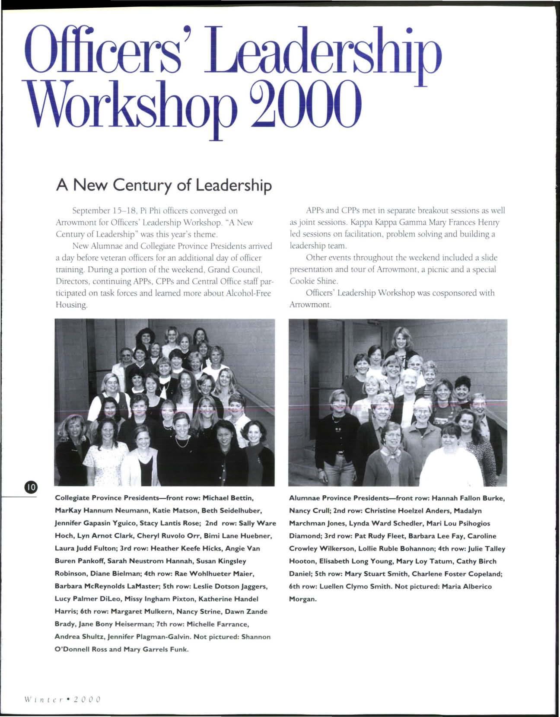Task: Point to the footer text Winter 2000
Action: tap(63, 699)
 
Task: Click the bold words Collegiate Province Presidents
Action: tap(108, 498)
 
